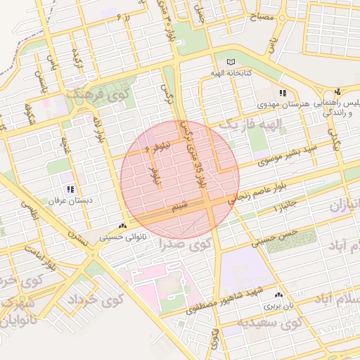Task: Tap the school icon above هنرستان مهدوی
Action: pos(283,93)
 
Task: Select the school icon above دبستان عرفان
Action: pos(70,189)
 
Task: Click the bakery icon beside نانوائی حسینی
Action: pos(124,226)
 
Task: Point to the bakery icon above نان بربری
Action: pos(279,295)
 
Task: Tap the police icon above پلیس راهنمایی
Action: pos(338,91)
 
